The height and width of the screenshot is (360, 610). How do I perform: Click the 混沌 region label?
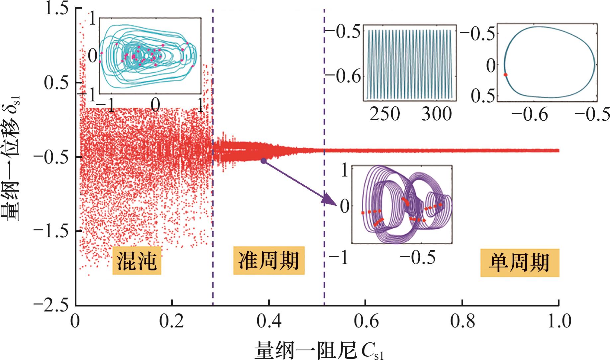(x=137, y=260)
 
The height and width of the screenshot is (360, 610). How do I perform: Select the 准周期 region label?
(x=268, y=260)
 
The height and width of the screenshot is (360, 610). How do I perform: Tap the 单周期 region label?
(x=519, y=263)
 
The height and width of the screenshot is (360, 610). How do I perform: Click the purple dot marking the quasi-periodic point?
(x=263, y=161)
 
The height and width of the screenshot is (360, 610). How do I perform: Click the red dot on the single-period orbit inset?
(x=505, y=75)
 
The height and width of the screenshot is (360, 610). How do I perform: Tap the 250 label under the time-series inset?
(x=385, y=114)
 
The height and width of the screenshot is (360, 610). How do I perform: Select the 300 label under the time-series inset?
(x=437, y=114)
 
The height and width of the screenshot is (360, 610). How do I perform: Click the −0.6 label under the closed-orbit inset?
(x=530, y=114)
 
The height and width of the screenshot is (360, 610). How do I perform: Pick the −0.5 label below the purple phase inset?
(x=418, y=257)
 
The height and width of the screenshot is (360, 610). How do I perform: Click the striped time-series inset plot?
(x=409, y=63)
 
